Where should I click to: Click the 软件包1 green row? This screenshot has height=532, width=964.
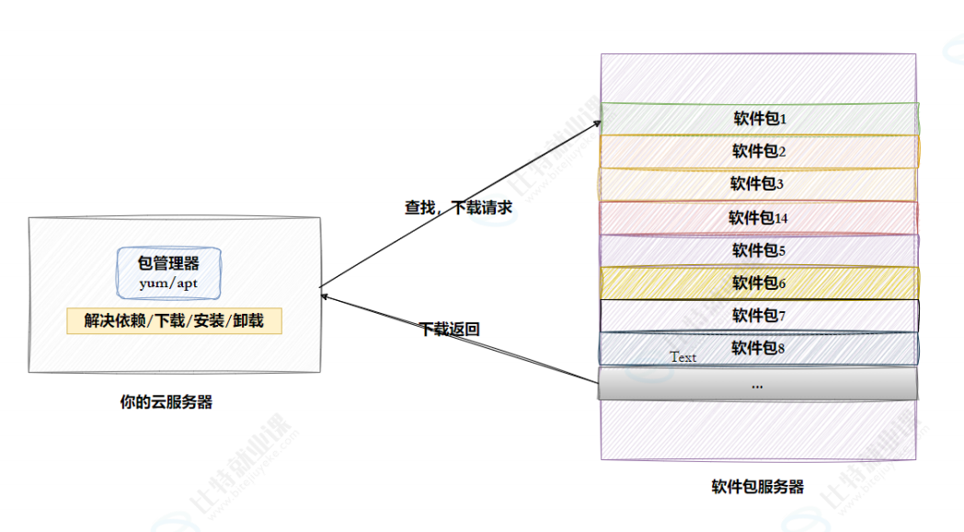(759, 119)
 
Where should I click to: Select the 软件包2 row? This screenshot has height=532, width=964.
(759, 151)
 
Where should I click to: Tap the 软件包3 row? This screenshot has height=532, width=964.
(758, 184)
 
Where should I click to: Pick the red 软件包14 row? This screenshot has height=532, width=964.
(758, 218)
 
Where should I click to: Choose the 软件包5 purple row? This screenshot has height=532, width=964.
(759, 250)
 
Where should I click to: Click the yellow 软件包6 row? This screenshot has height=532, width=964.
(759, 283)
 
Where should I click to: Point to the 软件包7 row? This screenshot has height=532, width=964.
(759, 316)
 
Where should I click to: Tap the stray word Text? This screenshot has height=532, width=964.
(683, 357)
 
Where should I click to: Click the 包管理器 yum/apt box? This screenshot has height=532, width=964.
(168, 272)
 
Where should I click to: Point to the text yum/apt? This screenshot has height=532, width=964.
(168, 283)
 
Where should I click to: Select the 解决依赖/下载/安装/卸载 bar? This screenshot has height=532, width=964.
(174, 321)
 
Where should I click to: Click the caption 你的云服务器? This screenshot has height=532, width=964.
(166, 402)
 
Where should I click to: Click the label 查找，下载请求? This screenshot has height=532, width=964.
(458, 208)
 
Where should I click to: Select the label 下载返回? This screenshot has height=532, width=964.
(450, 329)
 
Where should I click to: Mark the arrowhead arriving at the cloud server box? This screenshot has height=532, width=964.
(324, 295)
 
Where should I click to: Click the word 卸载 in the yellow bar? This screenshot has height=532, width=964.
(247, 321)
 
